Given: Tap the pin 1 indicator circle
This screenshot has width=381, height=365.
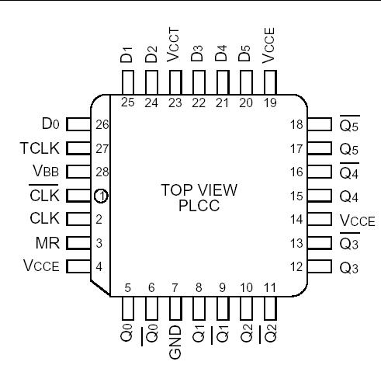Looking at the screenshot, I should coord(100,196).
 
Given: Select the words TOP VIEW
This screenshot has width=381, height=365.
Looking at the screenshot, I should coord(199,190).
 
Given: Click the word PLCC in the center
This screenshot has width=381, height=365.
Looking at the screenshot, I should coord(199,205).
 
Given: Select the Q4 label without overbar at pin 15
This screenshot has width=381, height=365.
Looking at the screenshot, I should coord(350,196).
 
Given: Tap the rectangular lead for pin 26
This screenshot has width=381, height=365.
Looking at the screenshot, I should coord(76,123).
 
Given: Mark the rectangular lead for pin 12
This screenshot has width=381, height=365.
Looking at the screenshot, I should coord(319,267).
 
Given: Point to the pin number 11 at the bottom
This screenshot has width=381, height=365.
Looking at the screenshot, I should coord(269,288).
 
